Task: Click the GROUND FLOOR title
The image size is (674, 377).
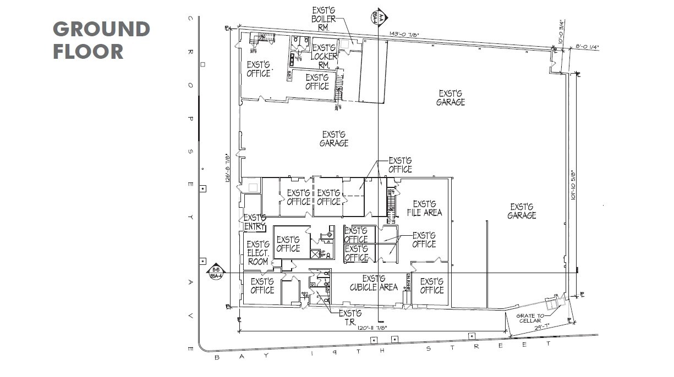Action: coord(101,40)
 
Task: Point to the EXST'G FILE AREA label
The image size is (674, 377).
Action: coord(424,208)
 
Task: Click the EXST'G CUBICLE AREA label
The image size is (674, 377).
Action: coord(374,282)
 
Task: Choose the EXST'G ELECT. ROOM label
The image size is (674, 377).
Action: coord(257,253)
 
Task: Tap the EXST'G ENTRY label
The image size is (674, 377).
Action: coord(255,222)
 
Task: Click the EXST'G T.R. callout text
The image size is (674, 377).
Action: coord(349,318)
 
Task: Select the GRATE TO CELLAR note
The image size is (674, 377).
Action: coord(529,318)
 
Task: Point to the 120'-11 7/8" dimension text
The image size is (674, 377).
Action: coord(373,328)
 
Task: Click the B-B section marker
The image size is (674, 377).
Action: coord(215,273)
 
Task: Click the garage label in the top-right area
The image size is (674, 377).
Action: coord(451,97)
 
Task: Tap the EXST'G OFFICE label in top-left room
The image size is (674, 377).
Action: coord(258,69)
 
